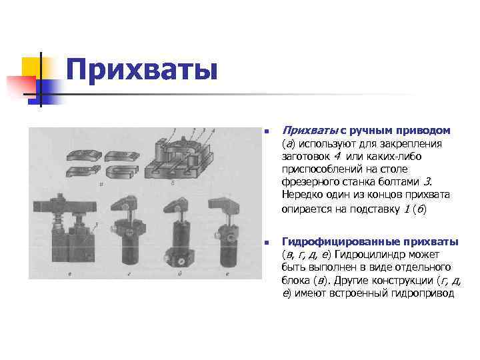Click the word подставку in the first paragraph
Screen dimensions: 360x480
point(366,208)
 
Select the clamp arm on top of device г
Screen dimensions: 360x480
point(125,202)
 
